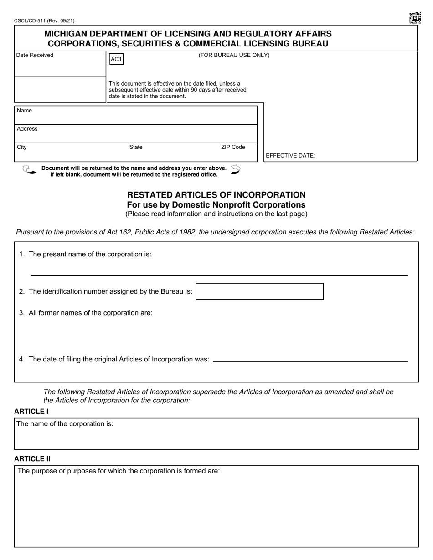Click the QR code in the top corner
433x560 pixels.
pyautogui.click(x=414, y=18)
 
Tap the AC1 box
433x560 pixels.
pyautogui.click(x=116, y=59)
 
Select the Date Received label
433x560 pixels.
pyautogui.click(x=35, y=55)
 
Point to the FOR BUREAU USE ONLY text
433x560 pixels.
pyautogui.click(x=234, y=55)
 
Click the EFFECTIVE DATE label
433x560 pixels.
pyautogui.click(x=290, y=155)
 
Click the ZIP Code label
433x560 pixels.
pyautogui.click(x=233, y=147)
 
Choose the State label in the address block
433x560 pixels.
pyautogui.click(x=136, y=147)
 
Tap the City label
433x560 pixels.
pyautogui.click(x=22, y=147)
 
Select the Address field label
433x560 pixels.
pyautogui.click(x=27, y=129)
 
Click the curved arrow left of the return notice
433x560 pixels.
pyautogui.click(x=29, y=170)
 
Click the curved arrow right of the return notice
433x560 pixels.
pyautogui.click(x=235, y=170)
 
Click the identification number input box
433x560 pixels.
pyautogui.click(x=259, y=291)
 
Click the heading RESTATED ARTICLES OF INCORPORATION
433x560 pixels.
pyautogui.click(x=216, y=195)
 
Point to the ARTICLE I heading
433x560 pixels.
pyautogui.click(x=31, y=411)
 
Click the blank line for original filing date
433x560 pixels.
pyautogui.click(x=310, y=361)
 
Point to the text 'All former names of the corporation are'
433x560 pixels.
pyautogui.click(x=90, y=313)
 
